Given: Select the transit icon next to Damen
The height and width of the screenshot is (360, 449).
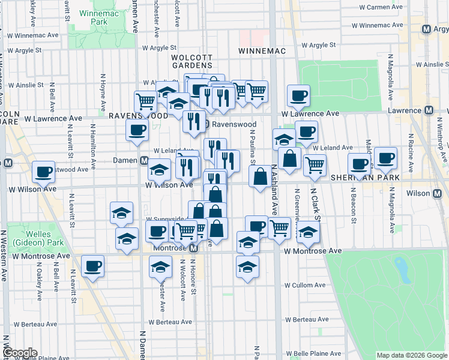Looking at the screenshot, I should click(144, 161).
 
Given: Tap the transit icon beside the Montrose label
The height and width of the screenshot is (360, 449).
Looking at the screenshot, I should click(193, 248).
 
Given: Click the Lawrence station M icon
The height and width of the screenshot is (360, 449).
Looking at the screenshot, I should click(429, 110).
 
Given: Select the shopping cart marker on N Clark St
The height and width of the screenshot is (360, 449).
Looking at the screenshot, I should click(315, 164).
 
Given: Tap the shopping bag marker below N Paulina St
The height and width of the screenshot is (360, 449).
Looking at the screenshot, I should click(261, 178).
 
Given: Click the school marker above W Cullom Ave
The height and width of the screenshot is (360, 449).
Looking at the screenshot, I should click(247, 266).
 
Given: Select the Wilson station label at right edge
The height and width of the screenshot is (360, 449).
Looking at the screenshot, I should click(422, 193).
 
